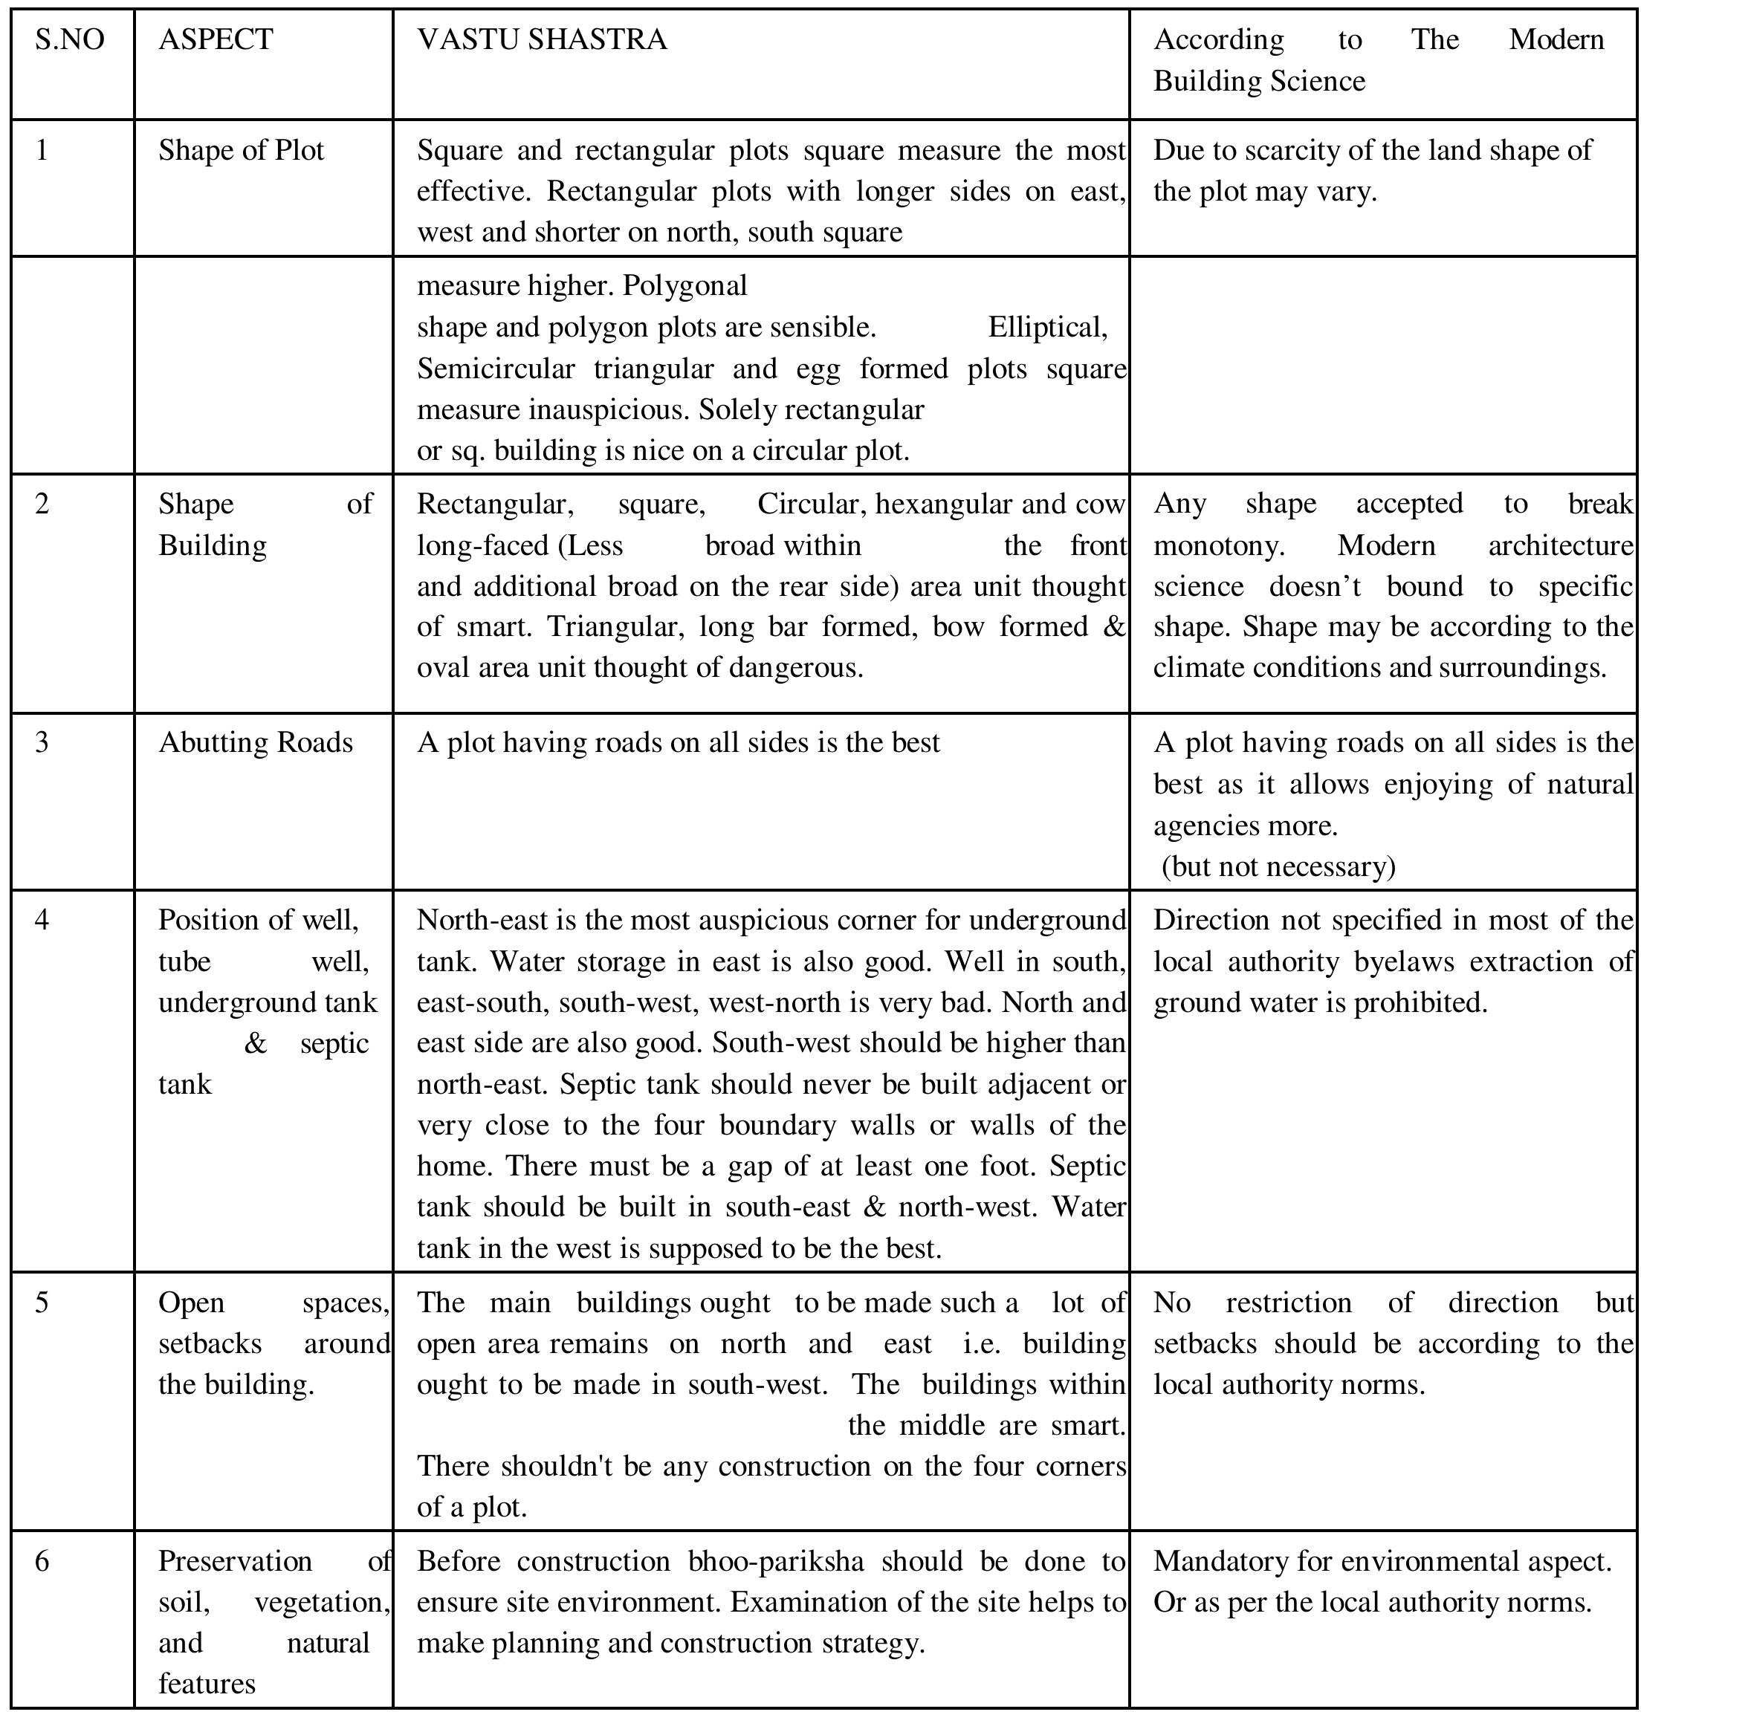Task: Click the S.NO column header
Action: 70,40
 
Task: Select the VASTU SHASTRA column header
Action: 541,40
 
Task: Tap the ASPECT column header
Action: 215,40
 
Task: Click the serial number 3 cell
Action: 42,742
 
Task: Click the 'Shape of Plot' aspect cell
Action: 240,150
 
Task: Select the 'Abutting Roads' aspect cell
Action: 255,742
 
